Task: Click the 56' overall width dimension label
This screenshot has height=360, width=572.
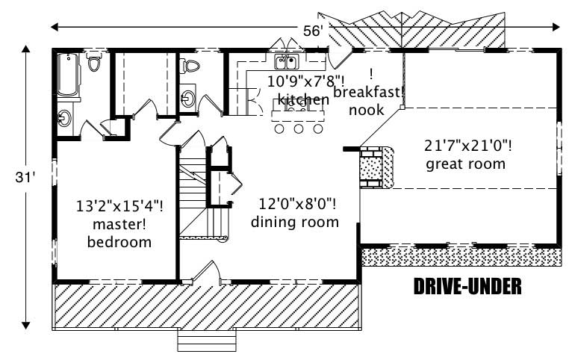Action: click(312, 31)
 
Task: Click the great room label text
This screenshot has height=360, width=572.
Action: click(465, 164)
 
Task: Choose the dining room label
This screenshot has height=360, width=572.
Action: click(294, 222)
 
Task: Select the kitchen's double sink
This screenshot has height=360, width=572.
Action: click(286, 61)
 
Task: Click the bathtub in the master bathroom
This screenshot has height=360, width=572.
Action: click(69, 76)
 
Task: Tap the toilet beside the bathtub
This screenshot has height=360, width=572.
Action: click(94, 61)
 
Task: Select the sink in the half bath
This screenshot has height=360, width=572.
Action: click(187, 98)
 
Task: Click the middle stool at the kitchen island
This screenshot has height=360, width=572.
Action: click(298, 129)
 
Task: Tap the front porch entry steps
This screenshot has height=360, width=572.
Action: click(207, 341)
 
